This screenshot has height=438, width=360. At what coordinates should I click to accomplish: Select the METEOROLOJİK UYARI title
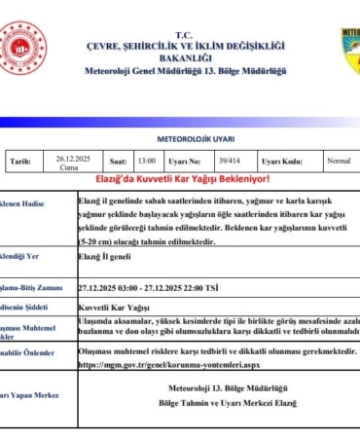point(180,137)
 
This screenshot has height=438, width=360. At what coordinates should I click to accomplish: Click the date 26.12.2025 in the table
point(72,159)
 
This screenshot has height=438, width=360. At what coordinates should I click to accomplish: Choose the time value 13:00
point(147,162)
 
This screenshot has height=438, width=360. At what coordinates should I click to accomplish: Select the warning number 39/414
point(228,162)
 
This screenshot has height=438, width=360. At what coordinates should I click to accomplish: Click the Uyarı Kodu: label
point(282,162)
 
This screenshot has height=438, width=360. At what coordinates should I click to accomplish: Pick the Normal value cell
point(339,161)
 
